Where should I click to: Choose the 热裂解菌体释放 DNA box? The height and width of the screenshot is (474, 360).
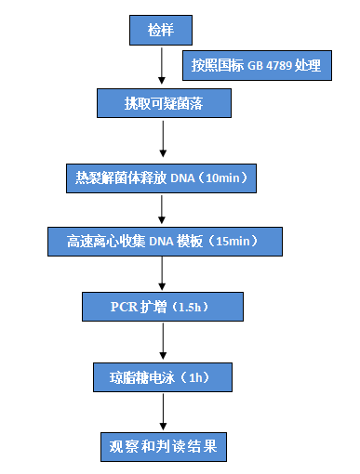coord(163,176)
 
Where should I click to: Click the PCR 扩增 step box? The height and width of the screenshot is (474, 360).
coord(163,306)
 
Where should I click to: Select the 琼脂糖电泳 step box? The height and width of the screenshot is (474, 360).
coord(163,376)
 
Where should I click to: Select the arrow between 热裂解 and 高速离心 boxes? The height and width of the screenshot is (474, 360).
coord(163,208)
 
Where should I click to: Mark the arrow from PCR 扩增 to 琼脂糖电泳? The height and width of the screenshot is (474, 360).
coord(163,341)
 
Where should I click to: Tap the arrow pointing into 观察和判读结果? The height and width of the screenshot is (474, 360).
coord(163,411)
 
